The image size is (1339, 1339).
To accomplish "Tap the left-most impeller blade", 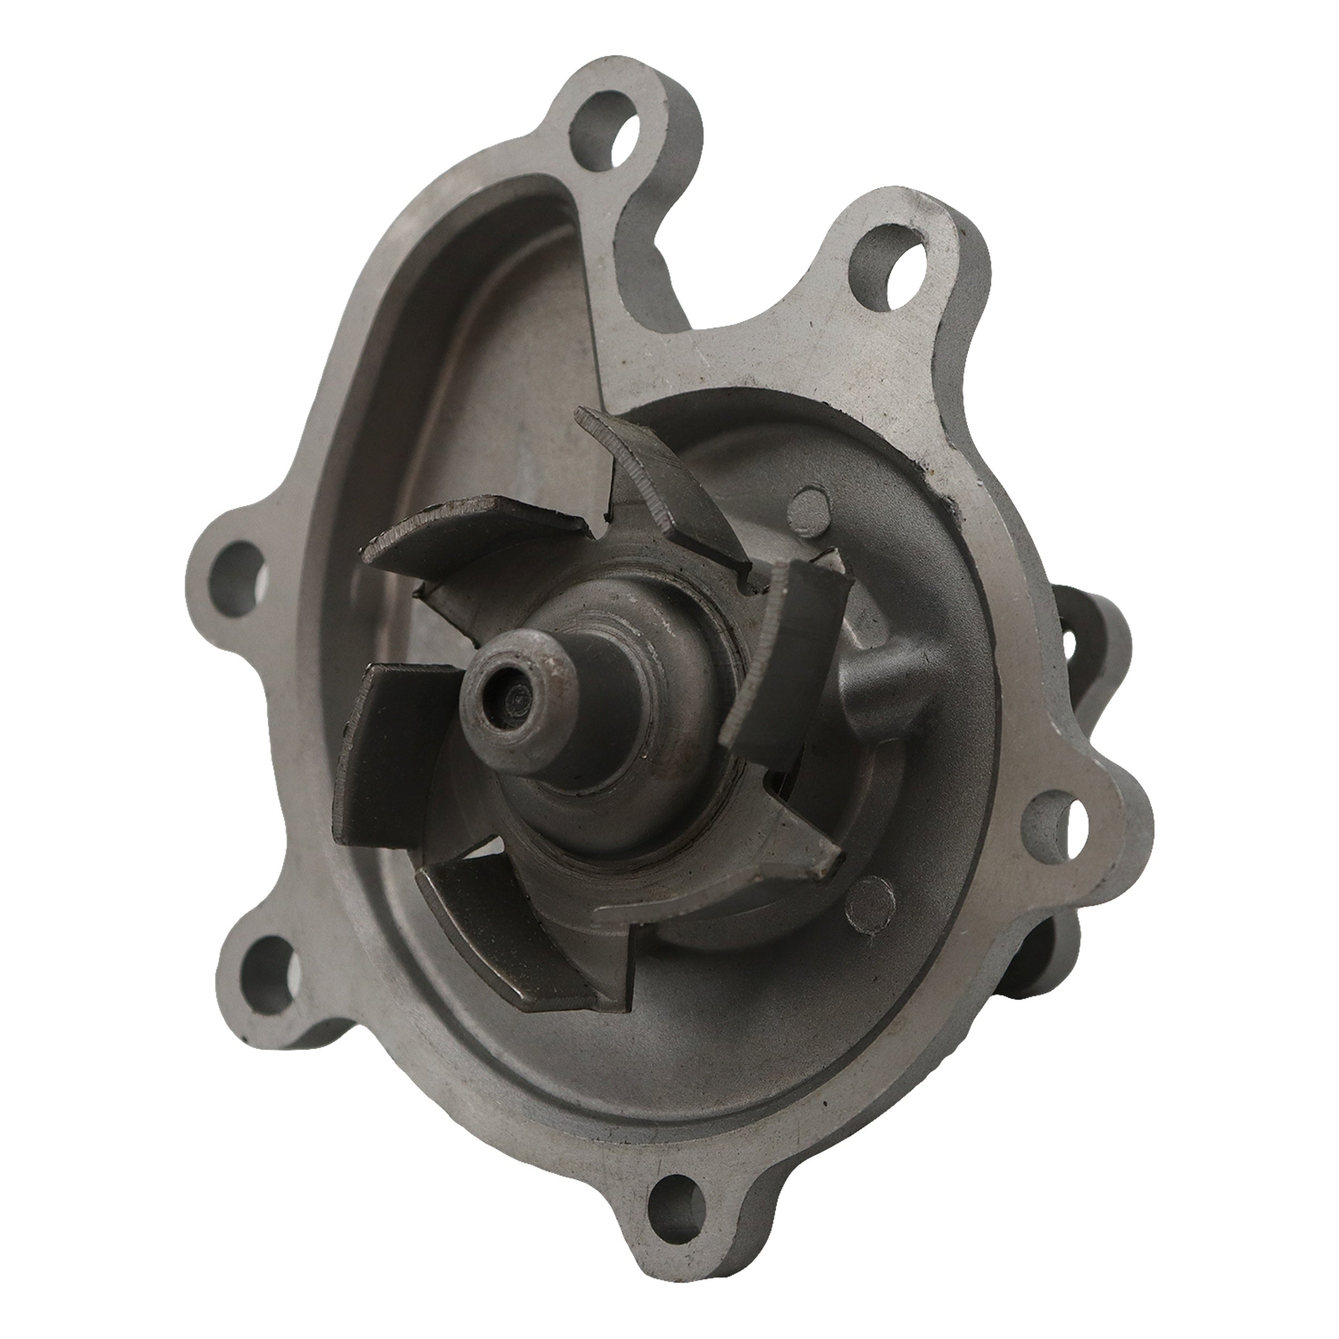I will pyautogui.click(x=395, y=755).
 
